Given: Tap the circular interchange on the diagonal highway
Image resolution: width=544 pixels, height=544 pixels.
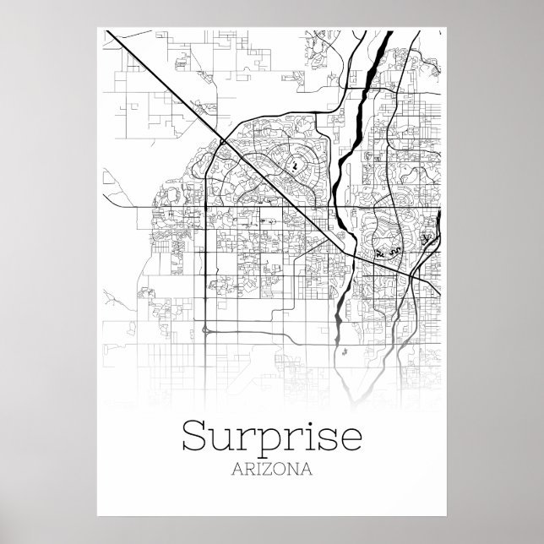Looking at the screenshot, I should click(221, 144).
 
